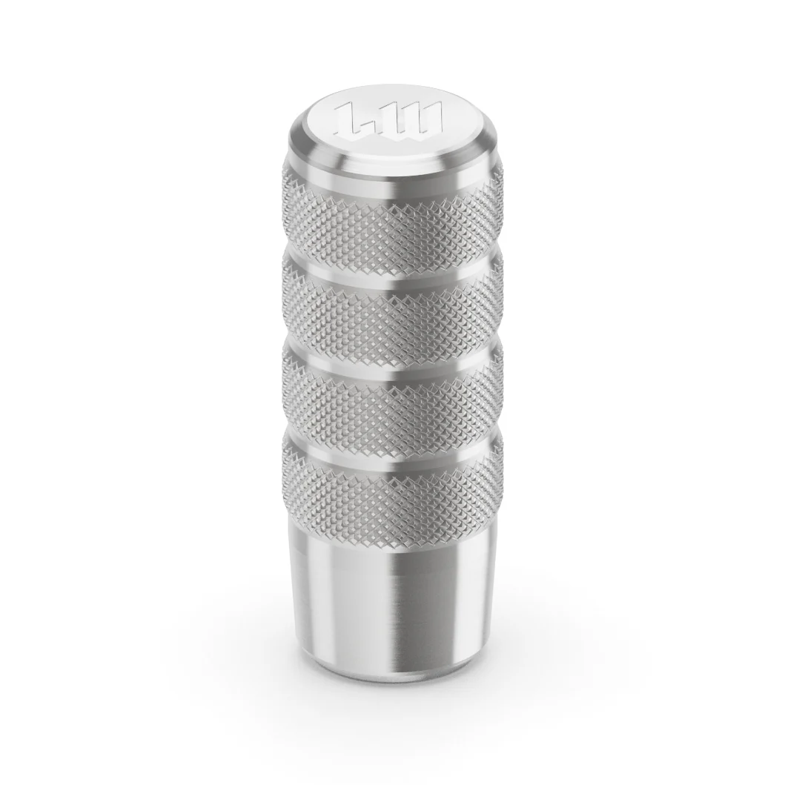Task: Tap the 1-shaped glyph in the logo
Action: pyautogui.click(x=354, y=119)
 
